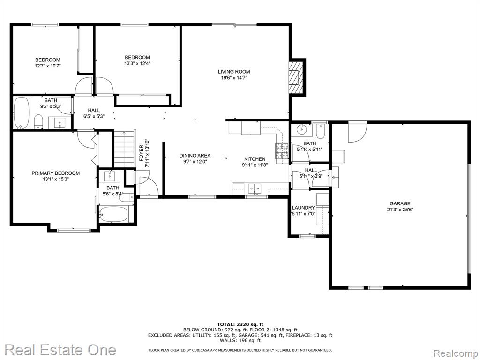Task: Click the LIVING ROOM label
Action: pyautogui.click(x=234, y=72)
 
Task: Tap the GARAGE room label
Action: pyautogui.click(x=400, y=203)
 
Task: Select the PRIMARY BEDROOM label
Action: pyautogui.click(x=56, y=173)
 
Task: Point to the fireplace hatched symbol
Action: pyautogui.click(x=295, y=78)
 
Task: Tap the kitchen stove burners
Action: pyautogui.click(x=282, y=150)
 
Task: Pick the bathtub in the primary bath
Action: pyautogui.click(x=113, y=214)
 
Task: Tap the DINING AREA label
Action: pyautogui.click(x=195, y=156)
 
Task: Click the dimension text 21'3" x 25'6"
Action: pyautogui.click(x=400, y=210)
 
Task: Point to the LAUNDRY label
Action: pyautogui.click(x=303, y=208)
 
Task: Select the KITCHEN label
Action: pyautogui.click(x=255, y=159)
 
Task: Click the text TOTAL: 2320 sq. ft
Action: pyautogui.click(x=240, y=324)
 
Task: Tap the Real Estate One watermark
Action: pyautogui.click(x=60, y=350)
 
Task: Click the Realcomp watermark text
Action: pyautogui.click(x=455, y=353)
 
